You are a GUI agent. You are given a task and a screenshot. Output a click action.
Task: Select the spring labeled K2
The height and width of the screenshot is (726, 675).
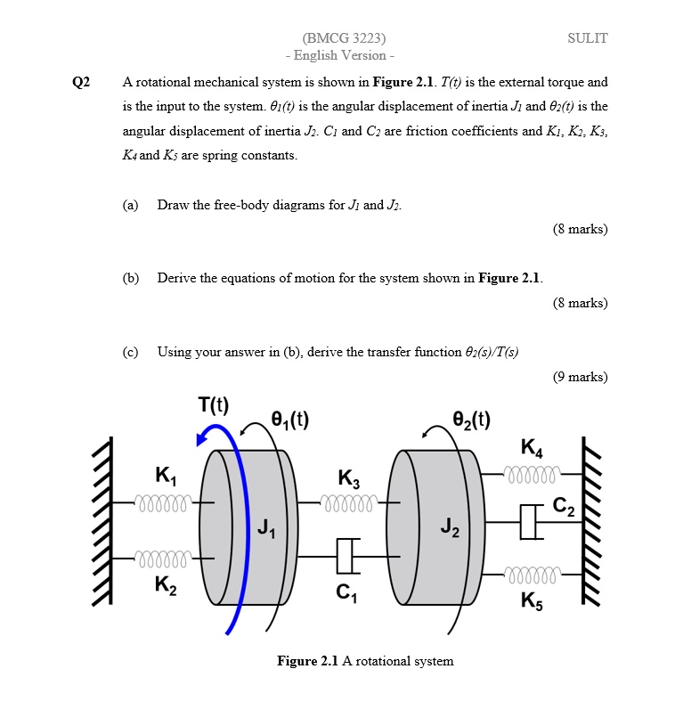click(161, 559)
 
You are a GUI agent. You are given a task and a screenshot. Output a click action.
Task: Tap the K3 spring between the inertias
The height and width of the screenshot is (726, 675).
click(350, 504)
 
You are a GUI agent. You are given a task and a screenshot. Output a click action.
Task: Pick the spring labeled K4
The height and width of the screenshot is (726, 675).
click(533, 471)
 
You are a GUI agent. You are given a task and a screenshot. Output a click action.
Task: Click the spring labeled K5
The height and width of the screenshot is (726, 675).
click(533, 572)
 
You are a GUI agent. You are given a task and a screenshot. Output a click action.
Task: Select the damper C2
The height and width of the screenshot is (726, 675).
click(531, 521)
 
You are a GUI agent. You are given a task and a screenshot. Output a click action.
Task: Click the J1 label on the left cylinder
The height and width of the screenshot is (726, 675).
click(265, 532)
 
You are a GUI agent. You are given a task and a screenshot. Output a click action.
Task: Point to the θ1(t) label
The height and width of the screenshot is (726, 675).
click(289, 418)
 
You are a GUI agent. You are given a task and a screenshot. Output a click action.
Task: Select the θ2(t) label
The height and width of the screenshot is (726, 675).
click(471, 418)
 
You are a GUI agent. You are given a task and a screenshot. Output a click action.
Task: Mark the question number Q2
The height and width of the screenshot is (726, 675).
click(81, 83)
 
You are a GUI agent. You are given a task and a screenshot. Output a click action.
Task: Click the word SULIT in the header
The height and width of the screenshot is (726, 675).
click(587, 38)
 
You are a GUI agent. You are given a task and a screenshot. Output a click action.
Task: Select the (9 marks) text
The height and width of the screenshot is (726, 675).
click(580, 377)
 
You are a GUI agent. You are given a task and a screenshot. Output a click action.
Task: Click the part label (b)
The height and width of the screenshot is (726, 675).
click(131, 278)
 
